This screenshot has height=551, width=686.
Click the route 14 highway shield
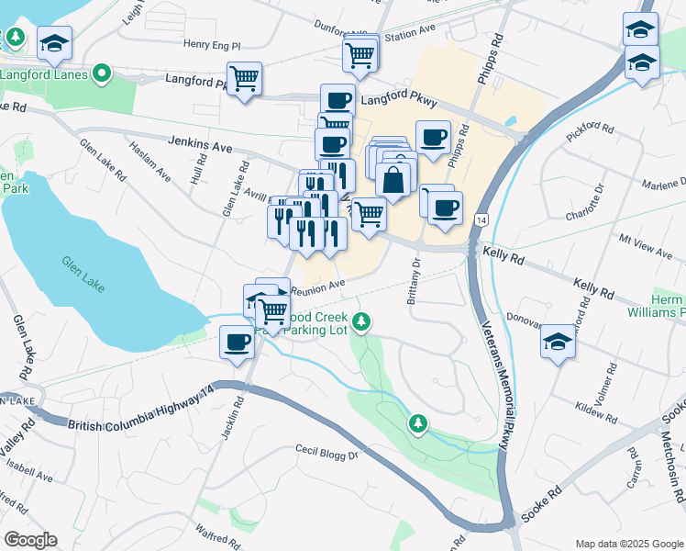(x=481, y=220)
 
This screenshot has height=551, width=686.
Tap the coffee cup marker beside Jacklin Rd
(x=237, y=343)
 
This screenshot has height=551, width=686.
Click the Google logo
(x=30, y=540)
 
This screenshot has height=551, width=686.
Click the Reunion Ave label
(x=317, y=287)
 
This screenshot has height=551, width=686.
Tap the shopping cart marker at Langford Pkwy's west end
(x=245, y=79)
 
